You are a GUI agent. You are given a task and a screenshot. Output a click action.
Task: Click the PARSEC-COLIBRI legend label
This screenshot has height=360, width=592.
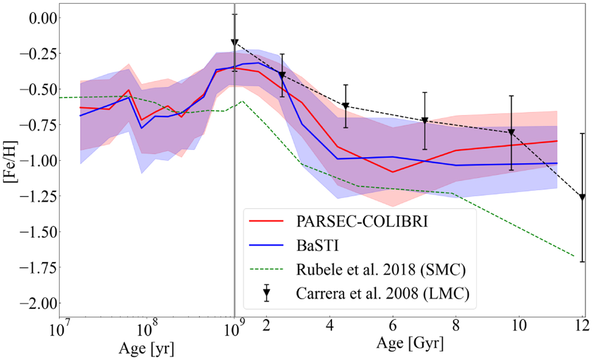click(x=362, y=221)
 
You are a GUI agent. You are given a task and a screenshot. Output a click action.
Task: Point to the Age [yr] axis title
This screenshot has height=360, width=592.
click(x=147, y=349)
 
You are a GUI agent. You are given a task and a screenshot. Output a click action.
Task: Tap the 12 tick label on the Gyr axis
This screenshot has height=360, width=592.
click(x=583, y=326)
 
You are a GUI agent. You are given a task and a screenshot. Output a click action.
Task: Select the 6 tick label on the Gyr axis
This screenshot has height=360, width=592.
click(x=393, y=326)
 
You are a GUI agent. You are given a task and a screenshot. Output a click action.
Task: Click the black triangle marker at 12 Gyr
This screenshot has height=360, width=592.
click(x=582, y=197)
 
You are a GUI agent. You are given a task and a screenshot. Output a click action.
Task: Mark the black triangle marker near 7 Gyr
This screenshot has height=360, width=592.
click(x=425, y=121)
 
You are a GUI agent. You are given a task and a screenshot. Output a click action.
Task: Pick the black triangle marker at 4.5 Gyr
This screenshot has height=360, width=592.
click(x=345, y=106)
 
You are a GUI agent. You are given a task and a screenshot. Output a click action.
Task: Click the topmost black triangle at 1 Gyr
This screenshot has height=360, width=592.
click(x=235, y=43)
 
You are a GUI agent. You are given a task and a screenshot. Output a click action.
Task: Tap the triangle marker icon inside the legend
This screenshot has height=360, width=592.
click(x=267, y=293)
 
